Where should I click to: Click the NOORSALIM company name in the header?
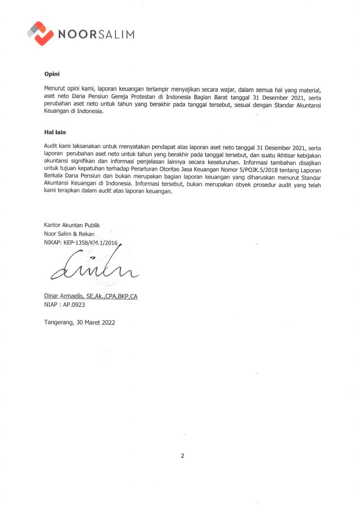point(97,34)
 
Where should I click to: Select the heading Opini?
point(52,74)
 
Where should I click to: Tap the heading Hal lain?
point(55,133)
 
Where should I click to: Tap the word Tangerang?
point(59,322)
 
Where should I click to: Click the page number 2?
point(182,456)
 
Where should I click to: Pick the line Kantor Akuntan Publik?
point(69,226)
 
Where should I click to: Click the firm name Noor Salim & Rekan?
point(69,234)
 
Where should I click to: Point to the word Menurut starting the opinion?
point(56,89)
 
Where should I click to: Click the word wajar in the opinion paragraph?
point(219,89)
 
